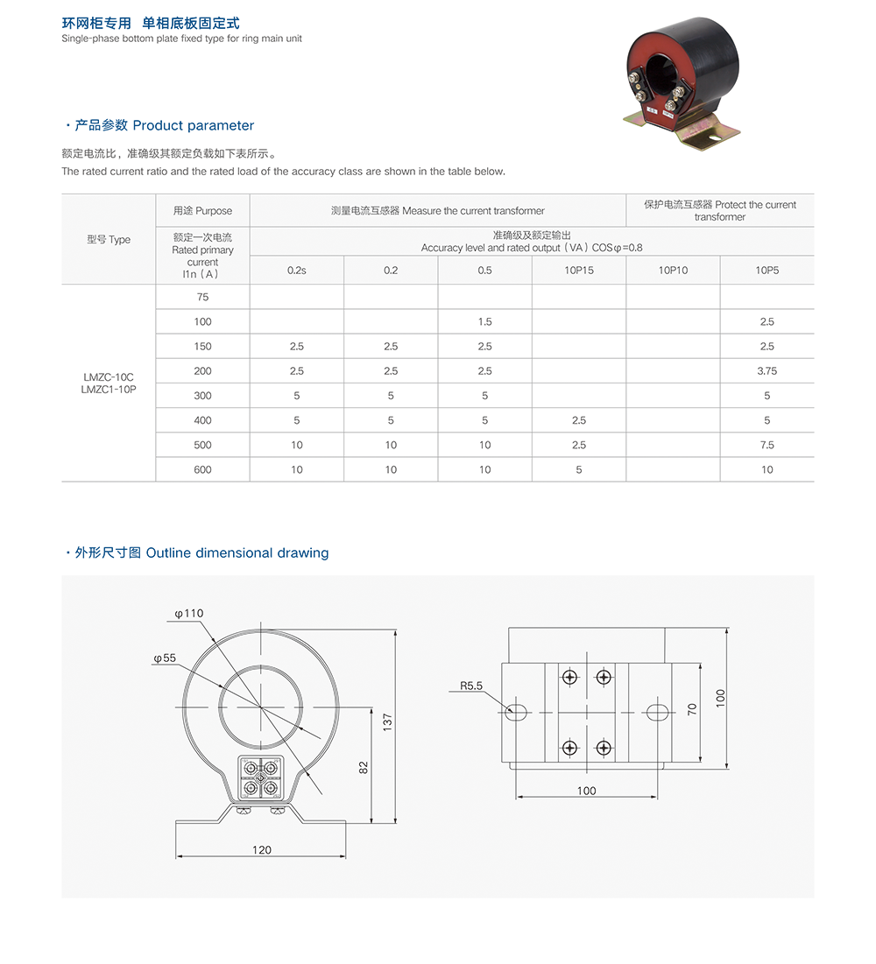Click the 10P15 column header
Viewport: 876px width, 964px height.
coord(579,271)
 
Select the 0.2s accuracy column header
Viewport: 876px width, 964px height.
coord(297,271)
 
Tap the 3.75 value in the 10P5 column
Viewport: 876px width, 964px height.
coord(766,371)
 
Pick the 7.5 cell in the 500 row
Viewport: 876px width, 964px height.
coord(766,445)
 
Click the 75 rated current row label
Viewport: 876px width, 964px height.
coord(202,297)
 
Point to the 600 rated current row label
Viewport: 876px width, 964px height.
coord(202,470)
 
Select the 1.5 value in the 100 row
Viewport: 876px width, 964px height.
coord(484,322)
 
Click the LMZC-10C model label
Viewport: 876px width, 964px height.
coord(109,377)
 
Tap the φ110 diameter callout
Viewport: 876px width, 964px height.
coord(189,613)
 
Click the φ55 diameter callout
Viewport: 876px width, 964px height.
coord(165,658)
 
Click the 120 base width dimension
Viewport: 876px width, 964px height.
coord(262,849)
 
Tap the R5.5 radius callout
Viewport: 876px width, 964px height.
coord(471,686)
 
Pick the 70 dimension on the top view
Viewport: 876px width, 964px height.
coord(691,710)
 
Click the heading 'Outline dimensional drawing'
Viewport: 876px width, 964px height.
coord(237,552)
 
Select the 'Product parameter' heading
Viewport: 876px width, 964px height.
coord(194,125)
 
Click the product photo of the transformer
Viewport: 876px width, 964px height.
coord(682,83)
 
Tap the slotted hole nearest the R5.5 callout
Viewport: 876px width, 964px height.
coord(517,712)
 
